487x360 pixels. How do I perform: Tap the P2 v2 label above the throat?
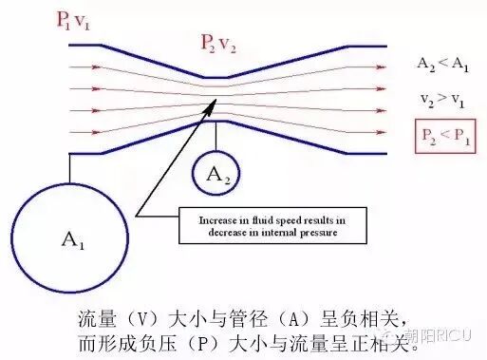coord(220,42)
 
